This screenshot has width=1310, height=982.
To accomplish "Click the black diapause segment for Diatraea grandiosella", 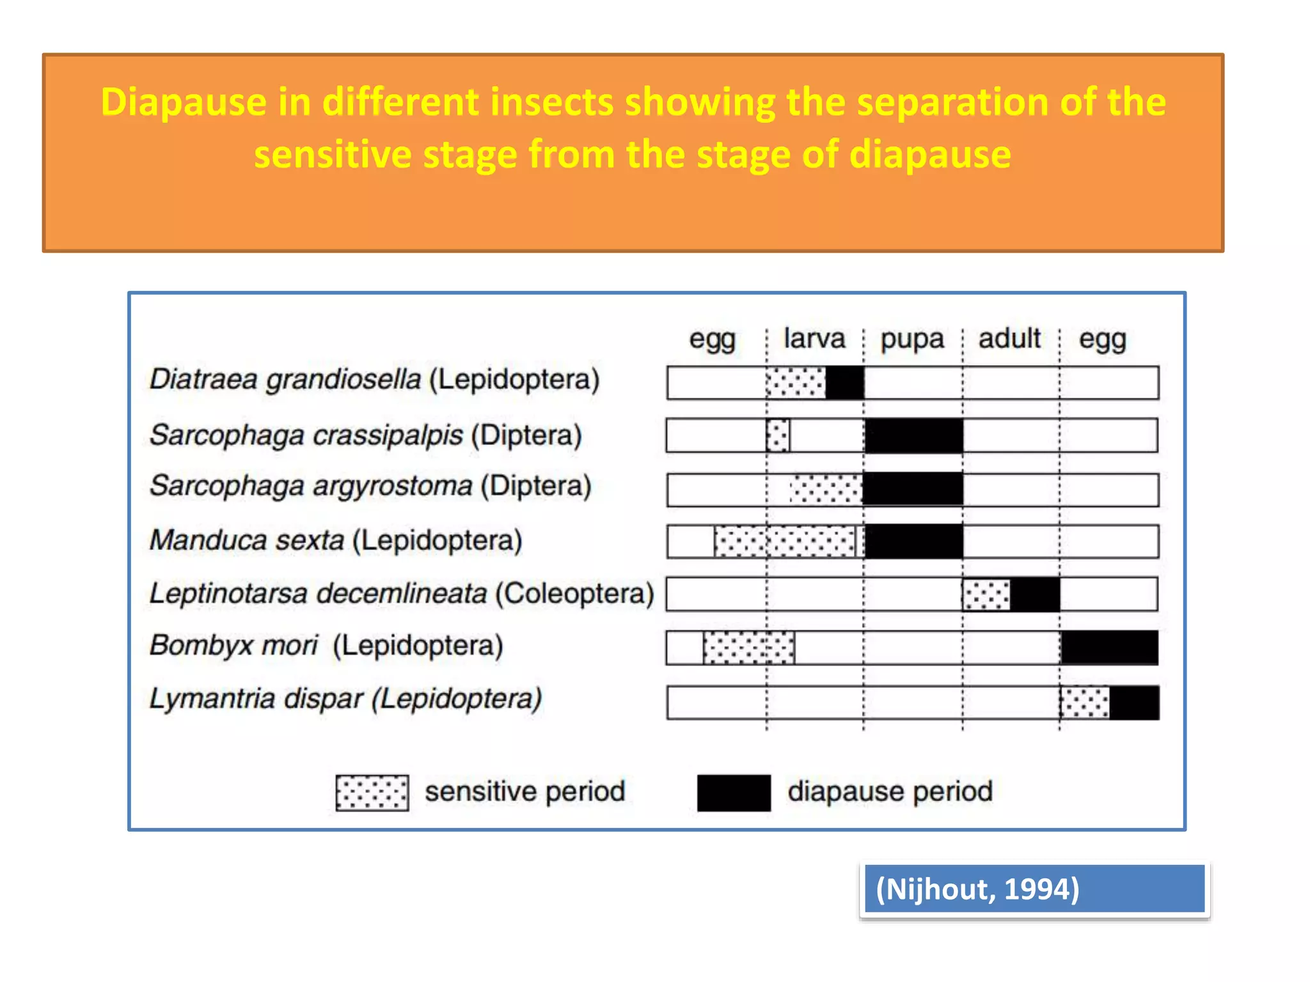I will (844, 383).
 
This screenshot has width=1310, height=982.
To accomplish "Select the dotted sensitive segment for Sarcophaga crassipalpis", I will (778, 435).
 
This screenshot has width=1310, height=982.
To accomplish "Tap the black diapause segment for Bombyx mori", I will (1109, 648).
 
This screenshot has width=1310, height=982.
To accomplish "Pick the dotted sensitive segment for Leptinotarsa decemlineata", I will (986, 595).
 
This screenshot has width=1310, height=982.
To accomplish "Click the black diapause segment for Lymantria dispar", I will (1134, 703).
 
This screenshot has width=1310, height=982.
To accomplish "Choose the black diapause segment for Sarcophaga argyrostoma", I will (913, 489).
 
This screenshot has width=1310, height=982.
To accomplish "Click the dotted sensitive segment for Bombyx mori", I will (748, 648).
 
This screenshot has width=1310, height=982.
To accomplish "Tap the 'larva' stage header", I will (814, 338).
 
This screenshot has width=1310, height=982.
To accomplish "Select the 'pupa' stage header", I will (912, 339).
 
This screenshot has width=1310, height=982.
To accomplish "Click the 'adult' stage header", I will (1009, 338).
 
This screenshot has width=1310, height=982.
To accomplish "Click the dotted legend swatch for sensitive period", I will (372, 793).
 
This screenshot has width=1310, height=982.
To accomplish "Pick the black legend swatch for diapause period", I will (734, 793).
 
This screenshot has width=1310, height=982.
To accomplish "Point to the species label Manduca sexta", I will (247, 541).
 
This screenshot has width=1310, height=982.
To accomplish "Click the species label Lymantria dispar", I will (256, 698).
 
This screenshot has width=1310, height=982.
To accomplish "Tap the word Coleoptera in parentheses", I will (574, 593).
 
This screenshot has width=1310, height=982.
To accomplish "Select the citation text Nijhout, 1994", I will (977, 889).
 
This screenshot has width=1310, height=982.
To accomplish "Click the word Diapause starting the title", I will (183, 102).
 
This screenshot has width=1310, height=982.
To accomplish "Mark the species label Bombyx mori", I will (233, 645).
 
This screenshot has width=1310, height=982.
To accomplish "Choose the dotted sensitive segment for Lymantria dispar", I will (1085, 703).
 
